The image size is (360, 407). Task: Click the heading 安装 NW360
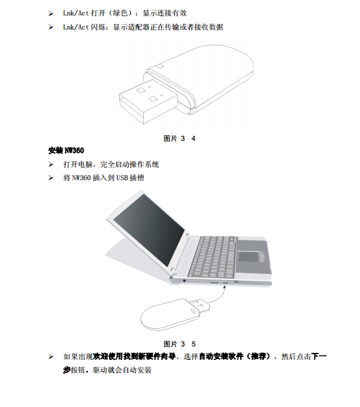click(66, 151)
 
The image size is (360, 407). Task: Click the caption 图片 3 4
click(179, 138)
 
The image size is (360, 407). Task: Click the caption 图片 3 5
click(179, 344)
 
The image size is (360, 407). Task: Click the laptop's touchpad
click(249, 256)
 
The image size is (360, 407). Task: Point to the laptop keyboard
click(213, 256)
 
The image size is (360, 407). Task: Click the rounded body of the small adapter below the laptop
click(169, 315)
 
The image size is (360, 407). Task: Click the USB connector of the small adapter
click(199, 306)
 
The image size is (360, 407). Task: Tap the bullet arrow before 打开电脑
click(51, 164)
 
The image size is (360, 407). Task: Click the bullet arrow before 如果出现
click(51, 356)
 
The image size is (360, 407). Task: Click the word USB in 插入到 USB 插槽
click(122, 178)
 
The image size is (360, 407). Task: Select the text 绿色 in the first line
click(120, 13)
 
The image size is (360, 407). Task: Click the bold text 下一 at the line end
click(318, 356)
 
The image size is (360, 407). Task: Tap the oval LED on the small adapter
click(193, 311)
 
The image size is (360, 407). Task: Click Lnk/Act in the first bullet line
click(76, 13)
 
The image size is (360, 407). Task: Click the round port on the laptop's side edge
click(185, 280)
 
